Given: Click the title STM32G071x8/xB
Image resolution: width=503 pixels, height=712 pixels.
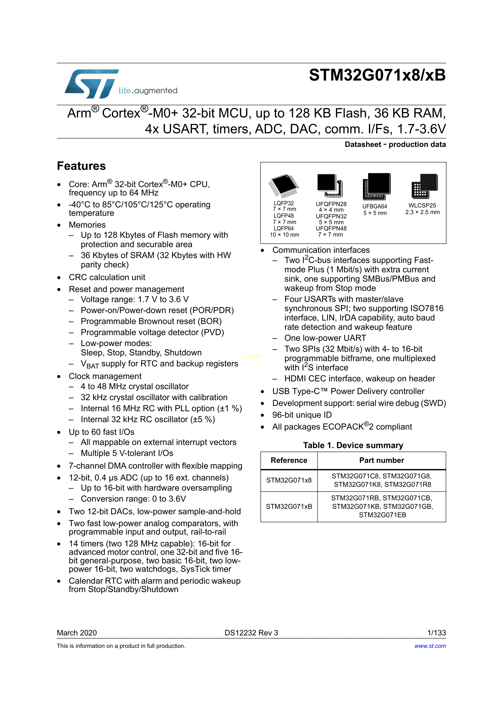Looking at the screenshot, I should [377, 75].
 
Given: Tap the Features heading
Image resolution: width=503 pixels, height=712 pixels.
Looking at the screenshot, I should [81, 166].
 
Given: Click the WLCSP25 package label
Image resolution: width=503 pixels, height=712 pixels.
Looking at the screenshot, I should [422, 205].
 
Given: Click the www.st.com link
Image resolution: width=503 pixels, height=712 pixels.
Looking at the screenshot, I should [430, 646].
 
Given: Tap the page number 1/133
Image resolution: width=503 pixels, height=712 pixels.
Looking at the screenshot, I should [436, 633].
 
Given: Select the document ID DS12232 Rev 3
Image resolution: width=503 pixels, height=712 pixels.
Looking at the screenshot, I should [251, 633].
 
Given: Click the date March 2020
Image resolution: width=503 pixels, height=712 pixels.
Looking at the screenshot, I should [77, 633].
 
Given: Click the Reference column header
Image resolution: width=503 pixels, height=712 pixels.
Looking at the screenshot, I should [289, 460].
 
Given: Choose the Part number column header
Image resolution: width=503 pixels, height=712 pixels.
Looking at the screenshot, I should [382, 460].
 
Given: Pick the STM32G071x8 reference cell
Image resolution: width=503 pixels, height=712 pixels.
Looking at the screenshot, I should [289, 480].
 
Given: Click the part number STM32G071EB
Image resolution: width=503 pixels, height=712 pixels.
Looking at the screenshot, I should [382, 515].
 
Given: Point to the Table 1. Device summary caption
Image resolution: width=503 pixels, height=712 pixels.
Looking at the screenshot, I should [353, 445].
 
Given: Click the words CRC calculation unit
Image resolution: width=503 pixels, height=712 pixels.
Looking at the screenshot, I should [107, 277].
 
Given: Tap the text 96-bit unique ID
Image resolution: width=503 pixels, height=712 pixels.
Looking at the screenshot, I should [302, 415].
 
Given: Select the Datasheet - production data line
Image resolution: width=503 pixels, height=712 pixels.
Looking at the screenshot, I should [395, 144].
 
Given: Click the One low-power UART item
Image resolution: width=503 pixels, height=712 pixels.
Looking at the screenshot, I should [325, 338].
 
